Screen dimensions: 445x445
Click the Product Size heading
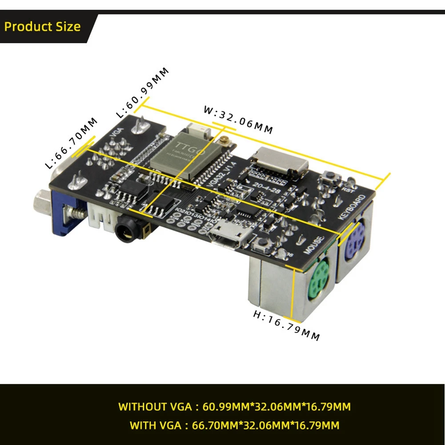click(42, 27)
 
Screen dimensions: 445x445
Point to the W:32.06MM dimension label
click(238, 119)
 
